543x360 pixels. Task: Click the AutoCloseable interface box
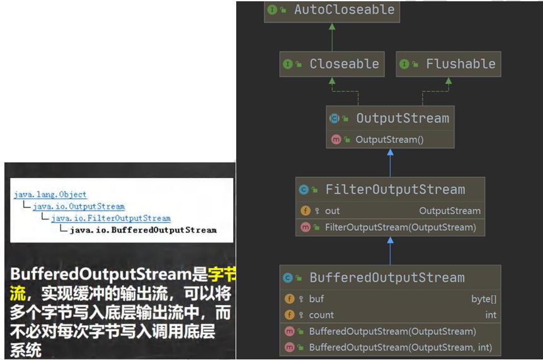(x=332, y=10)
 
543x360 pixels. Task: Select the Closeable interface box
(x=332, y=64)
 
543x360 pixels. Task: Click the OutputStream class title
(x=402, y=118)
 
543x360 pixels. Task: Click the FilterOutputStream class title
(x=395, y=189)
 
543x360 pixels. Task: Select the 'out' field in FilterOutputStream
(x=332, y=211)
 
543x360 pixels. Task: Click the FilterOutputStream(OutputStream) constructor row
(x=400, y=227)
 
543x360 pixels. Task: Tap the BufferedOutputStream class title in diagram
(x=387, y=278)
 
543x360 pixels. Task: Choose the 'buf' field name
(x=316, y=299)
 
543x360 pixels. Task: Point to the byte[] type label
(x=483, y=299)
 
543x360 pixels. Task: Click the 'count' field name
(x=321, y=315)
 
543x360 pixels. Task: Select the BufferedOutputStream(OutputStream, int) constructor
(x=400, y=347)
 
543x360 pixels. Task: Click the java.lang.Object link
(x=50, y=194)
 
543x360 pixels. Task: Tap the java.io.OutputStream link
(x=79, y=206)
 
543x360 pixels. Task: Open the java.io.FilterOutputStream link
(x=111, y=218)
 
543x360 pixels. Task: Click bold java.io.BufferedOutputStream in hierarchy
(x=143, y=230)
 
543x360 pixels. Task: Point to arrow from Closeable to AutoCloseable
(x=332, y=38)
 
